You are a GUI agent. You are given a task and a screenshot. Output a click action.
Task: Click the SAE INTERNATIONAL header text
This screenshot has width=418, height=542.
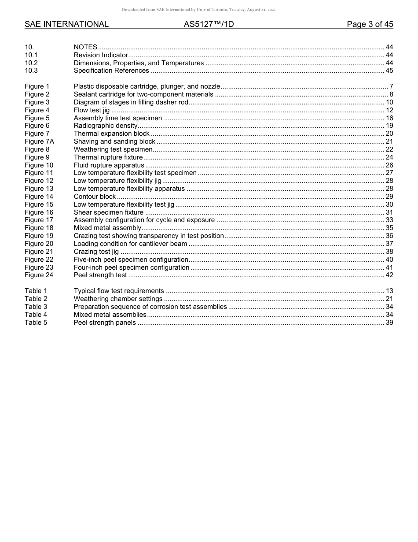[x=66, y=25]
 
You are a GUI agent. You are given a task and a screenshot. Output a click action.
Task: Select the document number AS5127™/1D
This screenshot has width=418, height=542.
[x=209, y=25]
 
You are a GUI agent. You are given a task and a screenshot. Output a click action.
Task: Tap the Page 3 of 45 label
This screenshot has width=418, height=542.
[x=370, y=25]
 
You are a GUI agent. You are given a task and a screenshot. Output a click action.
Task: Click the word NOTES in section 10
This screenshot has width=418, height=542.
[x=85, y=47]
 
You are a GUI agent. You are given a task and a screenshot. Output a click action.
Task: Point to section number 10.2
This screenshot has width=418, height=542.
[x=31, y=63]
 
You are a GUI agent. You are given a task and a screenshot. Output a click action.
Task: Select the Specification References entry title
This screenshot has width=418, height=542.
[x=111, y=71]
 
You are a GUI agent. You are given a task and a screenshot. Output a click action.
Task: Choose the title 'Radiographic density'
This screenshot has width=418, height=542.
[x=106, y=126]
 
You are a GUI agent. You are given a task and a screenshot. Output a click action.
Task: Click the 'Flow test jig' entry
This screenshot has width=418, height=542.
[x=92, y=110]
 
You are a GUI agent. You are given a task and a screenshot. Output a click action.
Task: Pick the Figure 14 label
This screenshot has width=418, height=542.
[x=39, y=197]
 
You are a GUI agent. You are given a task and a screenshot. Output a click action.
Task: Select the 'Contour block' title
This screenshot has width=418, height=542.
[x=95, y=197]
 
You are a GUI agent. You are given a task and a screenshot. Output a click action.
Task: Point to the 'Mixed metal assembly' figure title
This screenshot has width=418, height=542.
[x=107, y=228]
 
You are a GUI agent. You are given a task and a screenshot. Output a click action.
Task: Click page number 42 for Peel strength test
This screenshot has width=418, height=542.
[x=389, y=275]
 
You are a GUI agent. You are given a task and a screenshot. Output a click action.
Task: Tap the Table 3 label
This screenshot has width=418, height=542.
[x=36, y=307]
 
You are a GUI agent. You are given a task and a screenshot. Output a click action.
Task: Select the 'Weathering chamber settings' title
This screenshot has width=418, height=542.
[x=118, y=299]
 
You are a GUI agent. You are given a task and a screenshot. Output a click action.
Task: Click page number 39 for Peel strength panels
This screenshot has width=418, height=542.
[x=389, y=323]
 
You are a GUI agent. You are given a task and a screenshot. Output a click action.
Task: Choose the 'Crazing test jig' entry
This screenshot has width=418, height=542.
[x=96, y=252]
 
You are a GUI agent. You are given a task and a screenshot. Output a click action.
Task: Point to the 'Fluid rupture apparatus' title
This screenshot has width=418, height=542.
[x=109, y=165]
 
